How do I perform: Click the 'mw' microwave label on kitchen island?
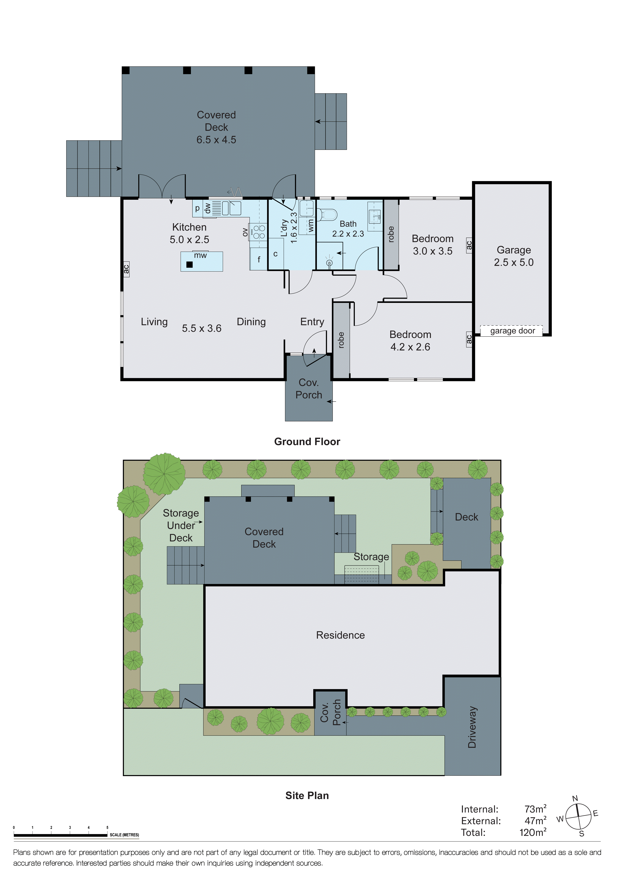pos(200,255)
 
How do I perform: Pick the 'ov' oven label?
pos(245,232)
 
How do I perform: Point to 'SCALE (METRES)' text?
pos(124,835)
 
